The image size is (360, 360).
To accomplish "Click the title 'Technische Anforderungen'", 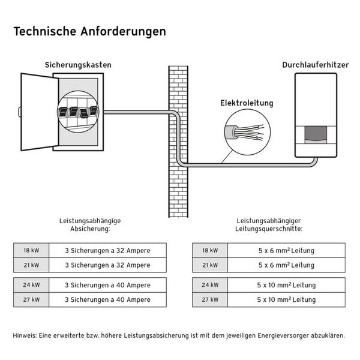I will [x=89, y=31].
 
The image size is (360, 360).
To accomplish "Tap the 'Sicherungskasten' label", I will [x=78, y=65].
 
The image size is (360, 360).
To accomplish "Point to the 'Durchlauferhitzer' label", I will [x=315, y=65].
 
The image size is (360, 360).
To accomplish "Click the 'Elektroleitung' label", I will [x=247, y=103].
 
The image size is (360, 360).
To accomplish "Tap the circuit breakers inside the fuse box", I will [x=77, y=112].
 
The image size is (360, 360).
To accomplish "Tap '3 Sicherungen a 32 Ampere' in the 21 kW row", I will [x=107, y=265].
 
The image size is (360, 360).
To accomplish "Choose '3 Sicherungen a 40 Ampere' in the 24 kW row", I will [x=107, y=285].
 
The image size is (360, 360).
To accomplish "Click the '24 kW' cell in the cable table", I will [x=210, y=285].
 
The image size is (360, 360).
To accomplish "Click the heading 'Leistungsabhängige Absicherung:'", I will [x=90, y=225].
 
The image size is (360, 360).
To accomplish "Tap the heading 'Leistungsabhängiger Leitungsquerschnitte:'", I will [x=268, y=225].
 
